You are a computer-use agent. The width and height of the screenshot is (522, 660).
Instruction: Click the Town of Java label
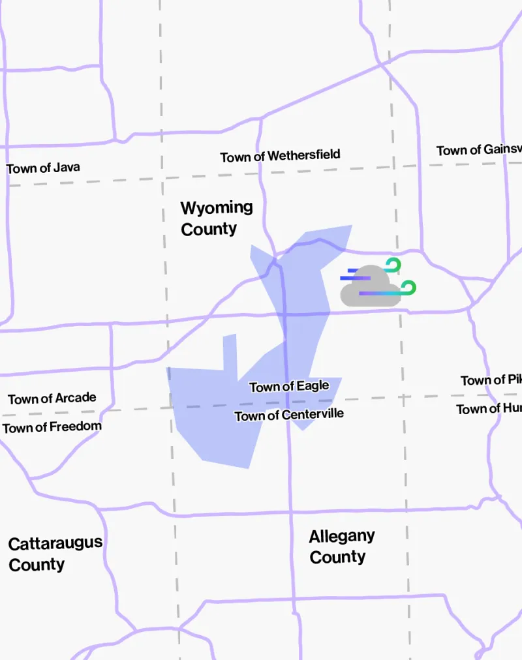tap(43, 168)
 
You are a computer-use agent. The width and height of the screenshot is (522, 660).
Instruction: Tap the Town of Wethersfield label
tap(280, 156)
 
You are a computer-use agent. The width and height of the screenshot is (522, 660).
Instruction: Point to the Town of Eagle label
tap(289, 387)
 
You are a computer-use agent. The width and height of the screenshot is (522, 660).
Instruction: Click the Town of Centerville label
tap(289, 415)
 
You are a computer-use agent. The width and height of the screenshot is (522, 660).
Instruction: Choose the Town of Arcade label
tap(52, 398)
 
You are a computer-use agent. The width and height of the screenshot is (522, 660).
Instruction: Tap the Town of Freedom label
tap(52, 427)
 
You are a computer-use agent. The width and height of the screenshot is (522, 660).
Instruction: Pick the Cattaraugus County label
tap(55, 554)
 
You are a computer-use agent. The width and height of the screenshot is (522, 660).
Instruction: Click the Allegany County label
tap(341, 547)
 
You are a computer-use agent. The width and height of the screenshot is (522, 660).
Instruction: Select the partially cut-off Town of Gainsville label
tap(479, 150)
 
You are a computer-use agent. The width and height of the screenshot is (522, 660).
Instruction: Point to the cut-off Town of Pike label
tap(491, 380)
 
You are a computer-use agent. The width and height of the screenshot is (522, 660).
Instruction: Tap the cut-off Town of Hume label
tap(488, 409)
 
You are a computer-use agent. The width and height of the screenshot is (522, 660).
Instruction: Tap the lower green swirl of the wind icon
tap(408, 288)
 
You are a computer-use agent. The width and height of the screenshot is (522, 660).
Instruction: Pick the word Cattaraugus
tap(55, 543)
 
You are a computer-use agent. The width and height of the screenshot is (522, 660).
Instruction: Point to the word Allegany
tap(341, 537)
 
